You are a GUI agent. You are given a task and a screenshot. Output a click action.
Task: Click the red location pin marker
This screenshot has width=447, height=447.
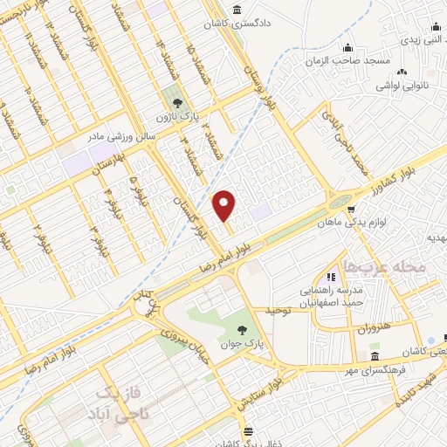coord(225,206)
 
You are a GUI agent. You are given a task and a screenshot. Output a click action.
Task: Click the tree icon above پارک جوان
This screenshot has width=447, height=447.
coord(242,329)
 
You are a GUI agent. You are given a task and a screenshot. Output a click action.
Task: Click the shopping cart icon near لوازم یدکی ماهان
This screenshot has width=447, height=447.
coord(351,209)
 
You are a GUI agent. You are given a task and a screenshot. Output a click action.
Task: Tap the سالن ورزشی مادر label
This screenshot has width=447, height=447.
coord(119,137)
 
